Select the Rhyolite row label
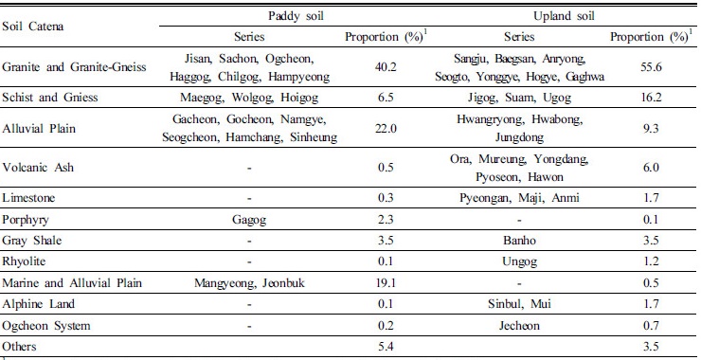click(25, 261)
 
